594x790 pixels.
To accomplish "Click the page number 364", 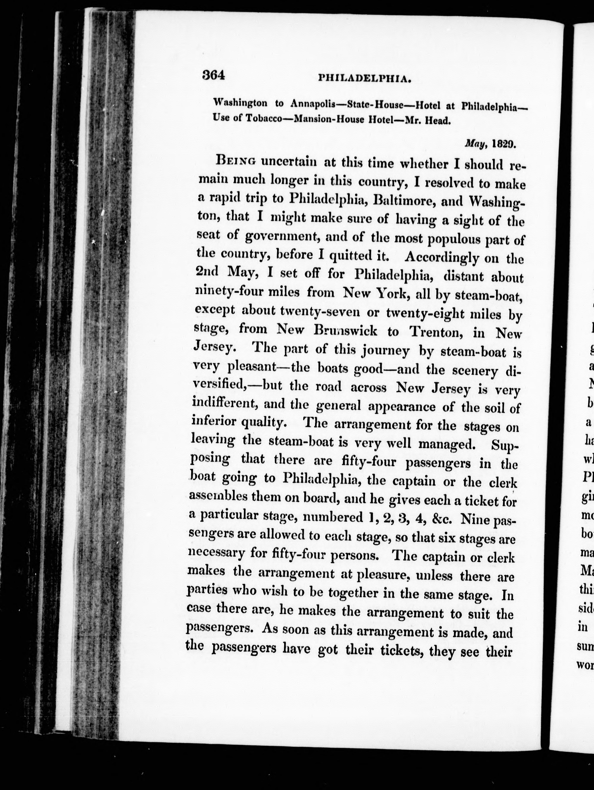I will click(213, 75).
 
